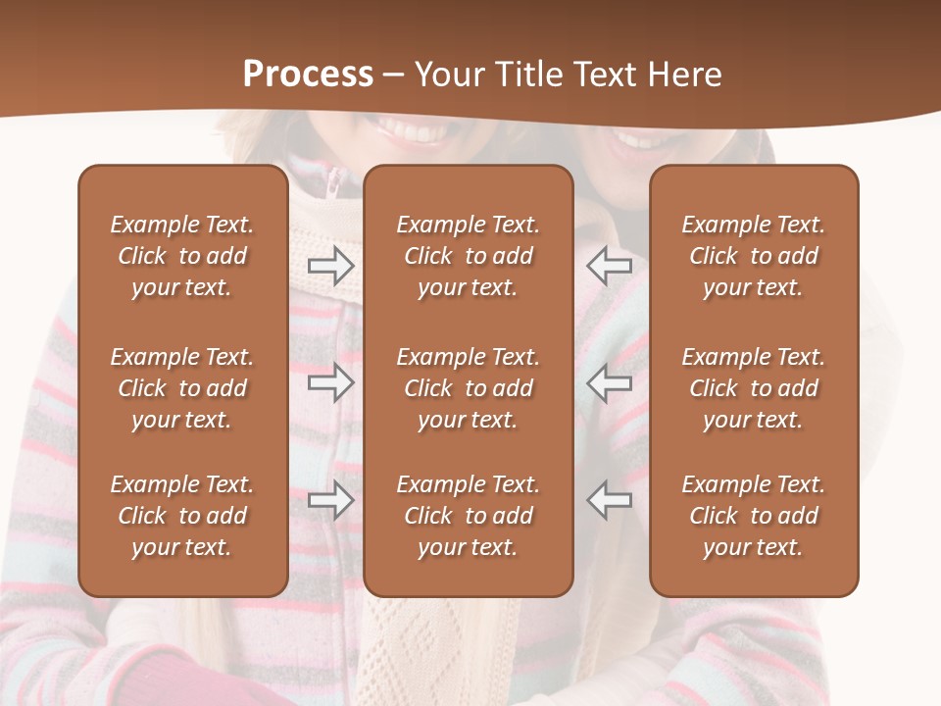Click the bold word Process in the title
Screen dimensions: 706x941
pos(308,75)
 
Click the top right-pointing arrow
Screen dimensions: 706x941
pos(330,265)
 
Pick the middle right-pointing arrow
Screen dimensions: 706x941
pos(330,382)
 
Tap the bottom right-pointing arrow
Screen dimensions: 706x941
pos(330,500)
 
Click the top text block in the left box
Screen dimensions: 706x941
pos(182,256)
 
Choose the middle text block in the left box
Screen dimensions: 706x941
pos(182,388)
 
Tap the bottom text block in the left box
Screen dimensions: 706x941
pos(182,516)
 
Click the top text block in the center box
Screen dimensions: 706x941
pos(469,256)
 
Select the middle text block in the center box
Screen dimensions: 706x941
pos(469,388)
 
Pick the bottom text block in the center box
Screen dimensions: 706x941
pos(469,516)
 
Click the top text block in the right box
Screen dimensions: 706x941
pos(754,256)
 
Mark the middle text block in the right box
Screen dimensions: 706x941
pos(754,388)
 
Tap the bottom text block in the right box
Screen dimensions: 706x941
pos(754,516)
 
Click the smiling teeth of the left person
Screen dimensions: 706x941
pos(403,128)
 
